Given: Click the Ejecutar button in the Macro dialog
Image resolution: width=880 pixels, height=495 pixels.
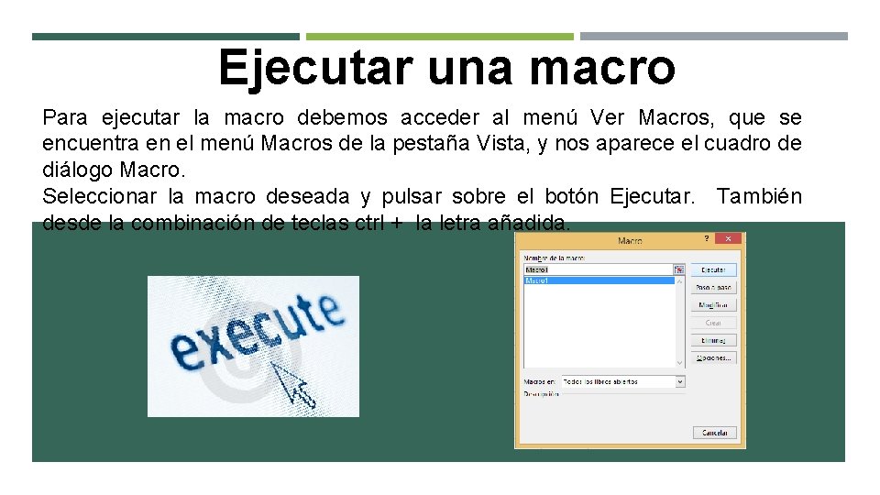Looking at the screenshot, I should click(x=713, y=269).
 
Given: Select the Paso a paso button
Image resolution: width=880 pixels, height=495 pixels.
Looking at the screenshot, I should click(x=713, y=287).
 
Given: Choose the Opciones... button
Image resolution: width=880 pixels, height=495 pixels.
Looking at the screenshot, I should click(x=713, y=357).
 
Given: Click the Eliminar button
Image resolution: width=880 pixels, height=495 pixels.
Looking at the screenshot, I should click(x=713, y=340).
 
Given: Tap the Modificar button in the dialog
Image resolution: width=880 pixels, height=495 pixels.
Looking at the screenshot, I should click(x=713, y=305).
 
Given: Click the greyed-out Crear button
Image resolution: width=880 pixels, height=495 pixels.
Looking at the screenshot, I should click(x=713, y=323).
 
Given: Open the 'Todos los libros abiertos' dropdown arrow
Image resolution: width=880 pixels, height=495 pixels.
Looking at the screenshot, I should click(x=680, y=381).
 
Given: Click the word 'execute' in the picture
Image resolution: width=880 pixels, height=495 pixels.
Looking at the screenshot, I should click(x=257, y=334).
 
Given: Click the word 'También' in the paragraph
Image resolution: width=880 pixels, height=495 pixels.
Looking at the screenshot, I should click(x=759, y=196).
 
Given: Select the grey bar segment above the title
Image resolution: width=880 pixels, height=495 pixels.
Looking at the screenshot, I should click(x=714, y=37).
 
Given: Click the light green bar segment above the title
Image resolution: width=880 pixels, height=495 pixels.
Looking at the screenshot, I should click(x=439, y=37).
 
